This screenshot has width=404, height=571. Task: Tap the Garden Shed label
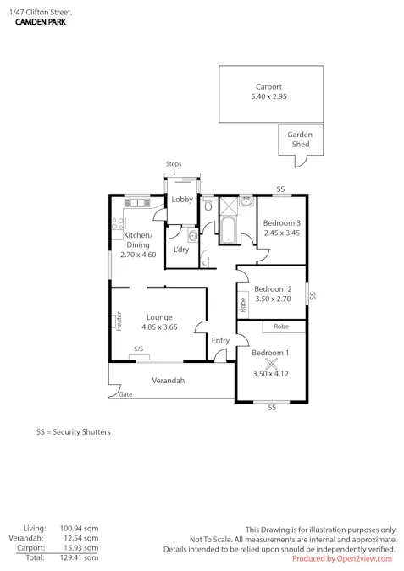click(299, 140)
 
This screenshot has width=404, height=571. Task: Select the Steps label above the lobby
click(174, 164)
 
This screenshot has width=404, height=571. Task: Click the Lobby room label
click(182, 200)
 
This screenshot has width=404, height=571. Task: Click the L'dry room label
click(181, 250)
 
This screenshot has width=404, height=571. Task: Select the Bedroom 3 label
click(282, 222)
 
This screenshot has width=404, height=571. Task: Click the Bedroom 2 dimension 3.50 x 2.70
click(273, 299)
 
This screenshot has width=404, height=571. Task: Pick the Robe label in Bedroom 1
click(280, 326)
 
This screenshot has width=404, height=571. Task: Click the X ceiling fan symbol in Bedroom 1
click(271, 362)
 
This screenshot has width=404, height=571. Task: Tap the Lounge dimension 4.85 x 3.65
click(159, 327)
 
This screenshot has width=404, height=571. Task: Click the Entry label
click(220, 341)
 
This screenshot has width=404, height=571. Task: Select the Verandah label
click(168, 381)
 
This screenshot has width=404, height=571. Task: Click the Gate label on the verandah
click(126, 395)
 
